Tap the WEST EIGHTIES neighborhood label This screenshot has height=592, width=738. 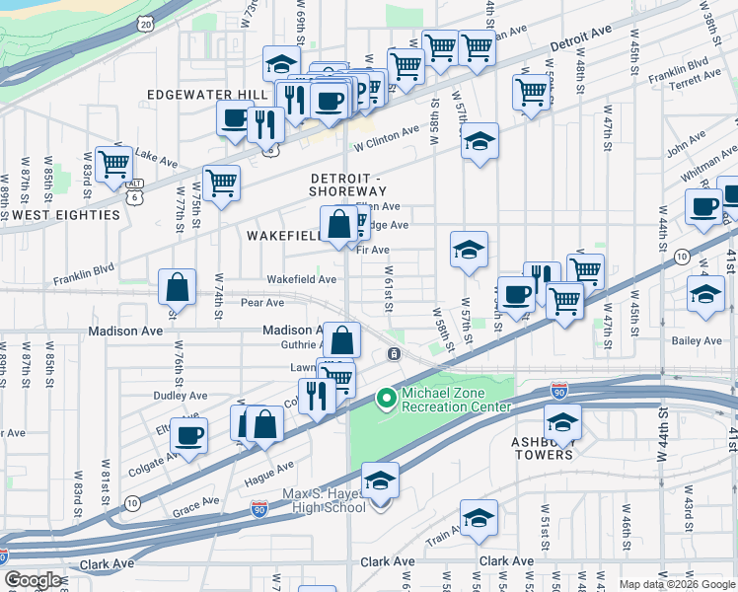pos(48,214)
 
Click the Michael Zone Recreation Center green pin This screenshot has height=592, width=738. pos(385,400)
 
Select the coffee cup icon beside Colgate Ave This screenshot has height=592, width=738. pos(188,434)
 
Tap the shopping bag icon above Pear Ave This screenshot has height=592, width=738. pos(177,288)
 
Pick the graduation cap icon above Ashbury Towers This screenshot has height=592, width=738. pos(562,422)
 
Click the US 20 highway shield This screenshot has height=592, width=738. pos(147,22)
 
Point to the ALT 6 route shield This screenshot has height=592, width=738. pos(135,190)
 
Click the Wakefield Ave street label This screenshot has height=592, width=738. pos(302,279)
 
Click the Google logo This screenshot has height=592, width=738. pos(33,580)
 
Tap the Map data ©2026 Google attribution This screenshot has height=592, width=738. pos(677,584)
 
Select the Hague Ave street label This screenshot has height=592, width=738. pos(265,473)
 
